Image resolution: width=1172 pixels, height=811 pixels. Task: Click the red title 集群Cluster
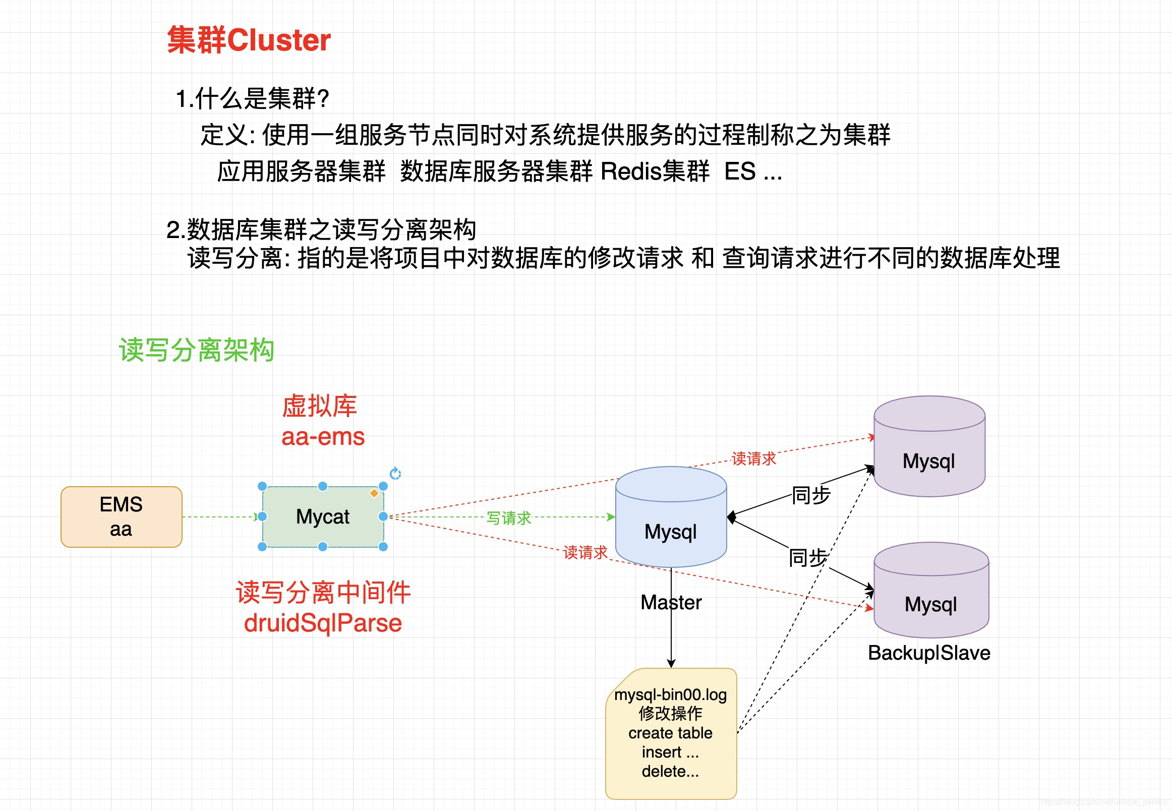point(249,40)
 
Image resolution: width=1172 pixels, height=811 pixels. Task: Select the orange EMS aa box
point(121,517)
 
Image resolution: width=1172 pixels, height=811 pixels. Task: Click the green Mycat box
point(323,517)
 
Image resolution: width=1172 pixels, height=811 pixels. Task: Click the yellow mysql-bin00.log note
point(671,733)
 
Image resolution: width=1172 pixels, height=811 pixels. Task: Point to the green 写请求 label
point(508,518)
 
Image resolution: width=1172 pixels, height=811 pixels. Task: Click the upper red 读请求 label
point(753,458)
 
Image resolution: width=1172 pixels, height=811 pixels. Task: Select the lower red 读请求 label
point(585,552)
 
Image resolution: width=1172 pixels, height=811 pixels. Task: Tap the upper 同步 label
point(811,495)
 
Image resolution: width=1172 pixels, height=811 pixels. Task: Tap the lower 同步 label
point(808,557)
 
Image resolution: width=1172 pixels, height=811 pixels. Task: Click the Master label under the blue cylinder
point(671,602)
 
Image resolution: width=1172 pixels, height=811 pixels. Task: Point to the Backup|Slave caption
point(928,653)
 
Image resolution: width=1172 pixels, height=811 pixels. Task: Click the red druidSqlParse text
point(323,623)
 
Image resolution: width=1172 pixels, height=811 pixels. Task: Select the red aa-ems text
point(323,436)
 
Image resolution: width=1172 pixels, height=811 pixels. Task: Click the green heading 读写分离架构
point(197,350)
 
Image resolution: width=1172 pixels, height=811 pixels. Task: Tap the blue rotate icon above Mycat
point(395,474)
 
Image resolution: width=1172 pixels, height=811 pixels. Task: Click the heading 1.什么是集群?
point(253,98)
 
